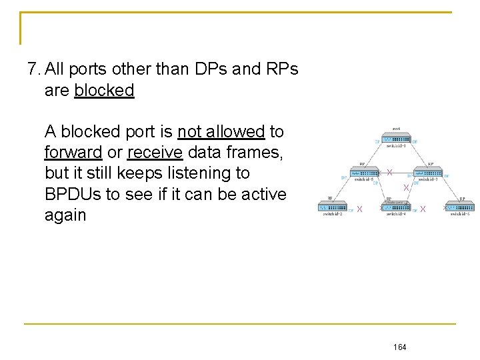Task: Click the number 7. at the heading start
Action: pyautogui.click(x=34, y=69)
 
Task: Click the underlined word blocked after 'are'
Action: pyautogui.click(x=104, y=90)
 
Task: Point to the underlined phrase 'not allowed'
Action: pyautogui.click(x=221, y=131)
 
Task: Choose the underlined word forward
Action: pyautogui.click(x=73, y=153)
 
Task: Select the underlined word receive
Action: pyautogui.click(x=155, y=153)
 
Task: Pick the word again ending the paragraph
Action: pyautogui.click(x=65, y=215)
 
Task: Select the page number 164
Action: pyautogui.click(x=400, y=347)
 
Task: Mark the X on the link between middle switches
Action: pyautogui.click(x=389, y=173)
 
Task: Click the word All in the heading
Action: pyautogui.click(x=55, y=69)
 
